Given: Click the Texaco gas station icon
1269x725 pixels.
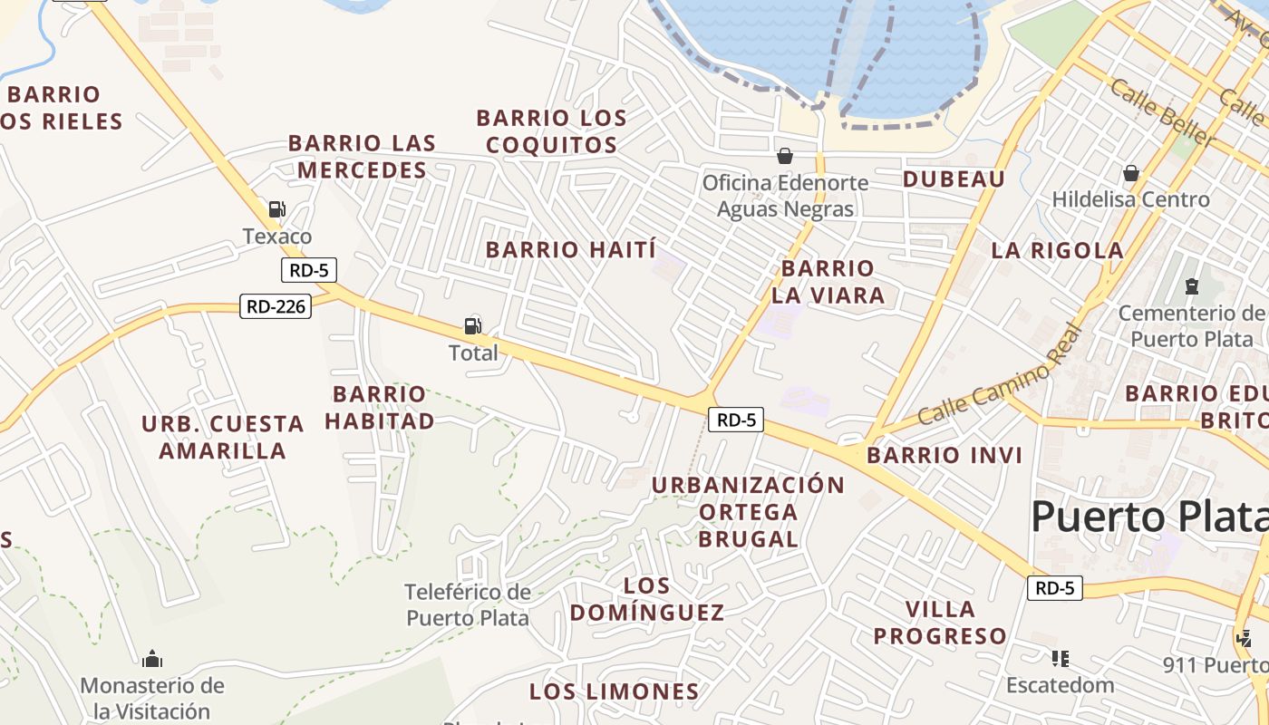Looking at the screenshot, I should (x=276, y=209).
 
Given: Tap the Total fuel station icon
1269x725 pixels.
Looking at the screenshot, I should (x=472, y=325).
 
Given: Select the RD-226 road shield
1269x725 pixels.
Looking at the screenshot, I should (x=276, y=306).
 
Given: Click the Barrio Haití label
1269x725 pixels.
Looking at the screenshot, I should (x=571, y=250).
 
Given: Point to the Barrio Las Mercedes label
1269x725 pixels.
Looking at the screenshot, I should (x=363, y=157).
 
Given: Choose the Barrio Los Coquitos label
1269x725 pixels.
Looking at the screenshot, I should (x=550, y=131).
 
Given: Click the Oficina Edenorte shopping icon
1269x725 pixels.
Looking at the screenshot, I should (x=784, y=157).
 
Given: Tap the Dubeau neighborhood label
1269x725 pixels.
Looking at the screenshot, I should (x=954, y=179).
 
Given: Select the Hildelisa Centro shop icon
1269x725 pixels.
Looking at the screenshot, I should (x=1131, y=173).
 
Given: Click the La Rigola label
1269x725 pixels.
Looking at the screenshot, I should (x=1058, y=251).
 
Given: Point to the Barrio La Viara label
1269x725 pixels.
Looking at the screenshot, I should (x=828, y=282).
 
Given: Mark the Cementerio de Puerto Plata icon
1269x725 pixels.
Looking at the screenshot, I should (x=1191, y=287).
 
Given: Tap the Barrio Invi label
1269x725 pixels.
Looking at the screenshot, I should (x=944, y=455).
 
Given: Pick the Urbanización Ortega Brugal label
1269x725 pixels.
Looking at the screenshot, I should (x=748, y=512).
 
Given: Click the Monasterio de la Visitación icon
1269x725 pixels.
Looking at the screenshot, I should (x=152, y=658).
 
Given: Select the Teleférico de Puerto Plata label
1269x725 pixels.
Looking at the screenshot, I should (x=467, y=604).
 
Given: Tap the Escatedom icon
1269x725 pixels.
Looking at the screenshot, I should (x=1060, y=659).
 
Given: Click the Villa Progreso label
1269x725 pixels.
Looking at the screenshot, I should (x=940, y=623).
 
